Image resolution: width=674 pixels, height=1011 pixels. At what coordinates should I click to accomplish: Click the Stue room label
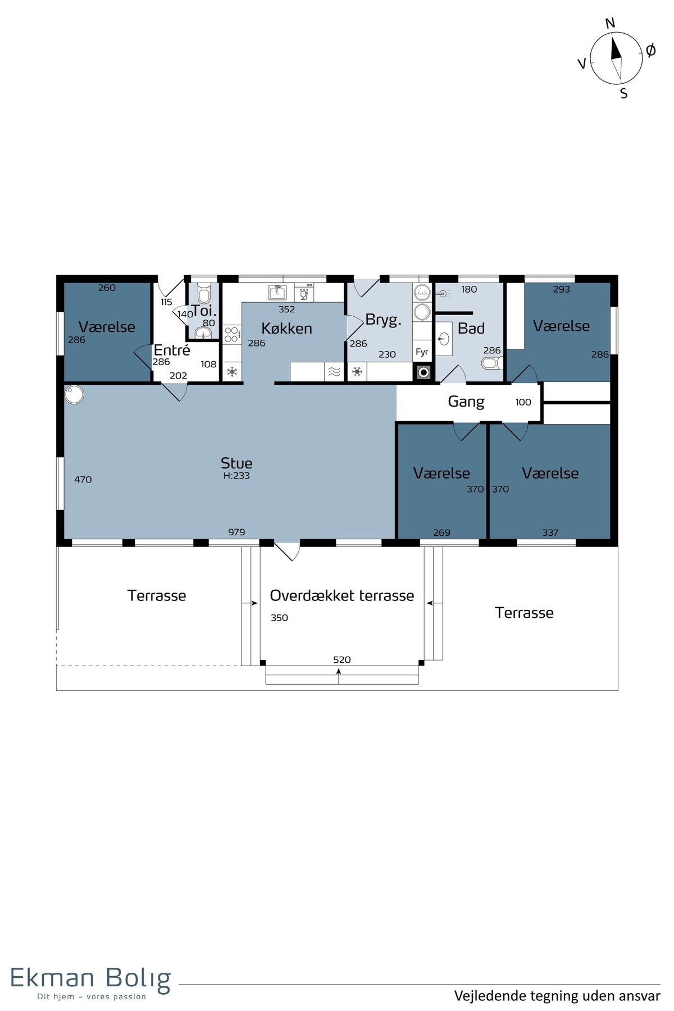(x=236, y=463)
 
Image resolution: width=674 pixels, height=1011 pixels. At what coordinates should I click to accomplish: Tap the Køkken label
(x=286, y=329)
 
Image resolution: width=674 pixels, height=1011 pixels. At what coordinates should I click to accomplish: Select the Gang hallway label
(x=466, y=402)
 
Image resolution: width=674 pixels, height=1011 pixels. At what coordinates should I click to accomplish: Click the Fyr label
(x=422, y=352)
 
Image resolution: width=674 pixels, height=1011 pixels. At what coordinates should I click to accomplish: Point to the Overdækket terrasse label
(x=342, y=595)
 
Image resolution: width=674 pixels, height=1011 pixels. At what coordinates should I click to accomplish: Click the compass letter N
(x=611, y=23)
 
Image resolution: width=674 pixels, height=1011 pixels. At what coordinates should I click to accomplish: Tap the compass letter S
(x=624, y=94)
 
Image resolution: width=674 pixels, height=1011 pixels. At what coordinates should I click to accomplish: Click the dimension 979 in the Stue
(x=236, y=532)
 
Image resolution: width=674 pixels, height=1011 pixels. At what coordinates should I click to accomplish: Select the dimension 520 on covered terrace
(x=342, y=659)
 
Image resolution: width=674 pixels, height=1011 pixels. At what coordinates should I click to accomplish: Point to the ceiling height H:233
(x=236, y=476)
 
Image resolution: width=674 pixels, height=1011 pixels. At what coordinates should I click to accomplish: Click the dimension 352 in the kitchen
(x=286, y=309)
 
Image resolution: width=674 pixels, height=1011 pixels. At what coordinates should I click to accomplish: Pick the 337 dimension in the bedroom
(x=550, y=532)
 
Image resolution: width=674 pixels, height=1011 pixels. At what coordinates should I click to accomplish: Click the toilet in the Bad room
(x=493, y=363)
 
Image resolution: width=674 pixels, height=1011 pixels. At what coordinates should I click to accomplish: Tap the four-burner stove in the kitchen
(x=231, y=335)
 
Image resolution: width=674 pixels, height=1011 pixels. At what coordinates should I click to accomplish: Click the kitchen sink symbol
(x=277, y=293)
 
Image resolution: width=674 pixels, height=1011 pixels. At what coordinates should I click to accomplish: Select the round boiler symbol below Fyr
(x=424, y=372)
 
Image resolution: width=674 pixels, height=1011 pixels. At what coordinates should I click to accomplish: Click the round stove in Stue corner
(x=74, y=394)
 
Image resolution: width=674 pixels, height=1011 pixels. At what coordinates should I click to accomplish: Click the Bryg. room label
(x=383, y=320)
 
